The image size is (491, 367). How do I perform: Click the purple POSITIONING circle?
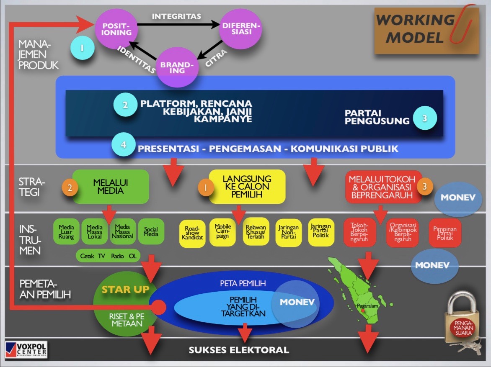pyautogui.click(x=116, y=28)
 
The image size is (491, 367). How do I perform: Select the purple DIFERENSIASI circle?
pyautogui.click(x=240, y=28)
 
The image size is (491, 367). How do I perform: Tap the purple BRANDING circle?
pyautogui.click(x=177, y=67)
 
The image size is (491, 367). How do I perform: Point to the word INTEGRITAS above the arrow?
pyautogui.click(x=176, y=16)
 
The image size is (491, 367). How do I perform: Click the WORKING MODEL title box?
pyautogui.click(x=426, y=30)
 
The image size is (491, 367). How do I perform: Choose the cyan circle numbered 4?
pyautogui.click(x=123, y=145)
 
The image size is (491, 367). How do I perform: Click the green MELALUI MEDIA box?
pyautogui.click(x=111, y=187)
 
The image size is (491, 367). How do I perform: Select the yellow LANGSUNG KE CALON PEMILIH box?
pyautogui.click(x=247, y=187)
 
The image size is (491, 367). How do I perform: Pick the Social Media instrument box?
pyautogui.click(x=151, y=231)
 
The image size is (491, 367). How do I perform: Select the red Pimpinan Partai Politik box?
pyautogui.click(x=445, y=233)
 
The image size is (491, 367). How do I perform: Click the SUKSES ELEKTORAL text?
pyautogui.click(x=239, y=350)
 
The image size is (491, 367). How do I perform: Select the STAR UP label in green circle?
pyautogui.click(x=126, y=290)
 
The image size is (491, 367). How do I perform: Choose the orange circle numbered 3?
pyautogui.click(x=425, y=187)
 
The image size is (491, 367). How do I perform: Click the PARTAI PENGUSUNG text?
pyautogui.click(x=377, y=117)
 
